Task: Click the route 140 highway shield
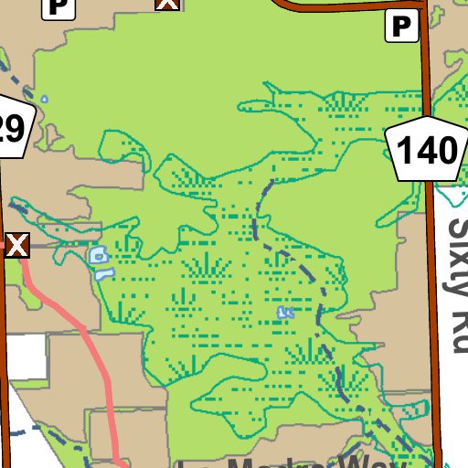pyautogui.click(x=421, y=149)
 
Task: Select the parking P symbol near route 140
pyautogui.click(x=402, y=27)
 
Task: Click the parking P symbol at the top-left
pyautogui.click(x=59, y=7)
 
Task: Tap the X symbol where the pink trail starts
pyautogui.click(x=17, y=245)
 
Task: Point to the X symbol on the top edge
pyautogui.click(x=166, y=4)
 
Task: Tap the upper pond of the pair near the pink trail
pyautogui.click(x=97, y=254)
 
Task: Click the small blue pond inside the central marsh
pyautogui.click(x=284, y=313)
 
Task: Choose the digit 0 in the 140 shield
pyautogui.click(x=441, y=150)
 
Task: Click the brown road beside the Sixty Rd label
pyautogui.click(x=433, y=274)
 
